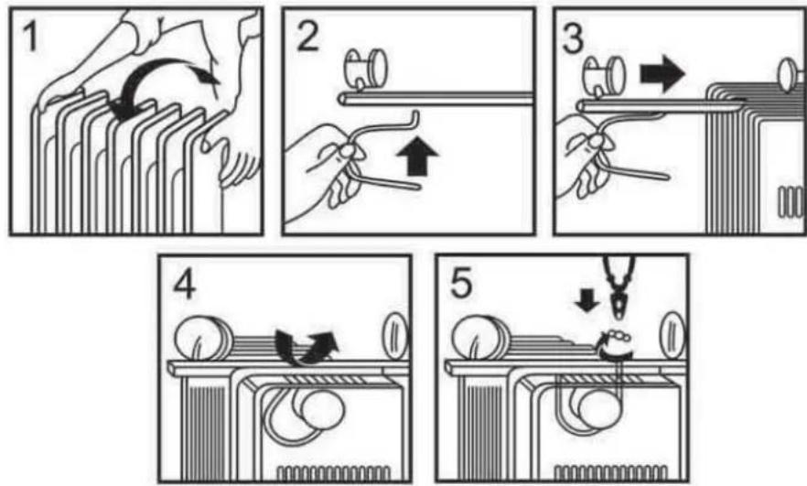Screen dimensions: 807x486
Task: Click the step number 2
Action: click(308, 36)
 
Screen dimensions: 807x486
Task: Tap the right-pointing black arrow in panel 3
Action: click(662, 73)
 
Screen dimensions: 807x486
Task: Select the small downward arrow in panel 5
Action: click(586, 300)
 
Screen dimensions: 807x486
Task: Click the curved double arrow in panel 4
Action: click(307, 348)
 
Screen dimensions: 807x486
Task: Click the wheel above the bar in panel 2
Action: click(366, 69)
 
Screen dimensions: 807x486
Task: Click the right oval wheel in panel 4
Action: click(394, 336)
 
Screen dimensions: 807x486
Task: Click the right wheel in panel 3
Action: click(790, 76)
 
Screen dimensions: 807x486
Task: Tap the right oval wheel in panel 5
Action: click(672, 335)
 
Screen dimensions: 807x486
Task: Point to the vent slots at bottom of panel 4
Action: click(333, 473)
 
